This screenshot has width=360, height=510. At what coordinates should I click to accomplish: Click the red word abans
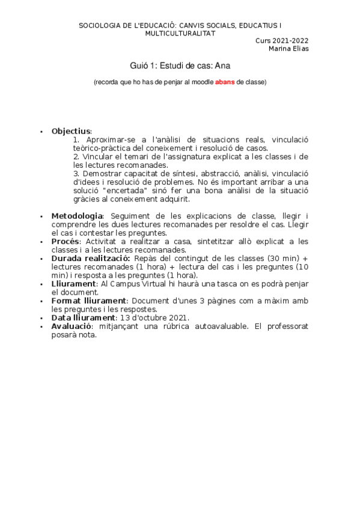[225, 81]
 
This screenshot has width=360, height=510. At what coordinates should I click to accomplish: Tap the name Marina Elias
[288, 49]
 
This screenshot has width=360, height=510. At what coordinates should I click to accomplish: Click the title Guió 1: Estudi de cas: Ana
[180, 65]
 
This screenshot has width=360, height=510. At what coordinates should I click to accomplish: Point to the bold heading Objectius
[71, 131]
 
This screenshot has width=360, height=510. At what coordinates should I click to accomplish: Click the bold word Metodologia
[77, 216]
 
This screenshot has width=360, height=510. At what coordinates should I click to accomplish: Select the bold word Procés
[65, 241]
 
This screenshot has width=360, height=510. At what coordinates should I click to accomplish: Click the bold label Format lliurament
[89, 300]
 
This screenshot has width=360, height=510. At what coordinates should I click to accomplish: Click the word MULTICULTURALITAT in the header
[180, 34]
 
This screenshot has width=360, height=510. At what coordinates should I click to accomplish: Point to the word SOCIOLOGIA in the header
[100, 26]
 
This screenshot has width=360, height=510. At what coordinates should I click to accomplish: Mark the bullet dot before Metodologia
[41, 217]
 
